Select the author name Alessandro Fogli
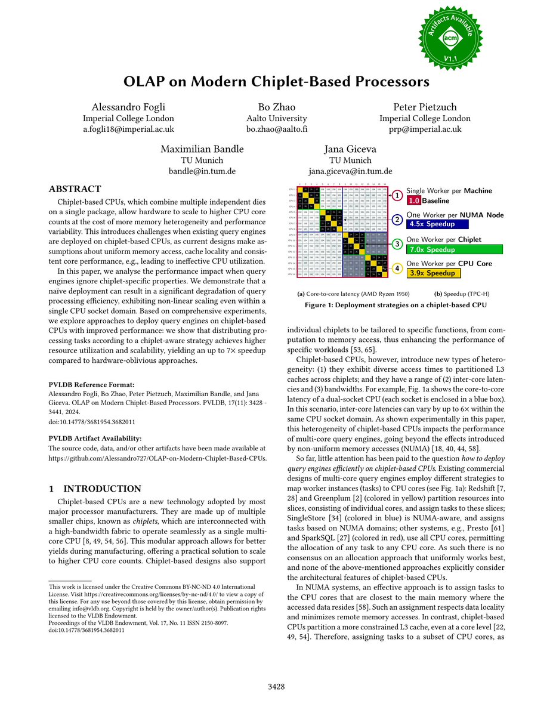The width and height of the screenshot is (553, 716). (x=129, y=107)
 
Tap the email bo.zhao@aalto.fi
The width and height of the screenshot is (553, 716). (x=276, y=129)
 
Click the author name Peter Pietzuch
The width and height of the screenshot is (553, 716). (x=425, y=107)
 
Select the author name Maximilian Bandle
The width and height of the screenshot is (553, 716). (x=202, y=149)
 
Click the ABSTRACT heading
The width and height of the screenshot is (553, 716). (x=75, y=189)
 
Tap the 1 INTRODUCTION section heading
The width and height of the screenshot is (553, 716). (x=95, y=489)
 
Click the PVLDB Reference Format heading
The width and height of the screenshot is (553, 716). (x=91, y=385)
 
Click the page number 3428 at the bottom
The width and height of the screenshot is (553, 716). (x=276, y=687)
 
